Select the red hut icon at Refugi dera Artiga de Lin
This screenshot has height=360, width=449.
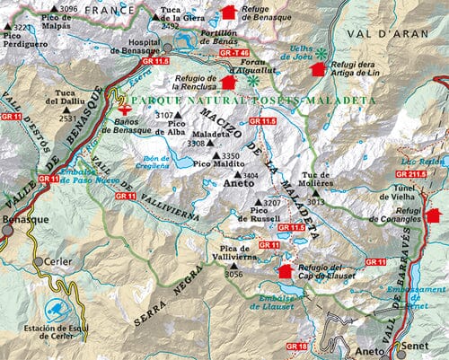tap(319, 68)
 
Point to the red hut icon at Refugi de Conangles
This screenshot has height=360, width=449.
tap(434, 215)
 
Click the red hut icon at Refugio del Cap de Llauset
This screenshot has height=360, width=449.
tap(286, 271)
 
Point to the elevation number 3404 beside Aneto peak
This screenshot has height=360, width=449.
tap(252, 176)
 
